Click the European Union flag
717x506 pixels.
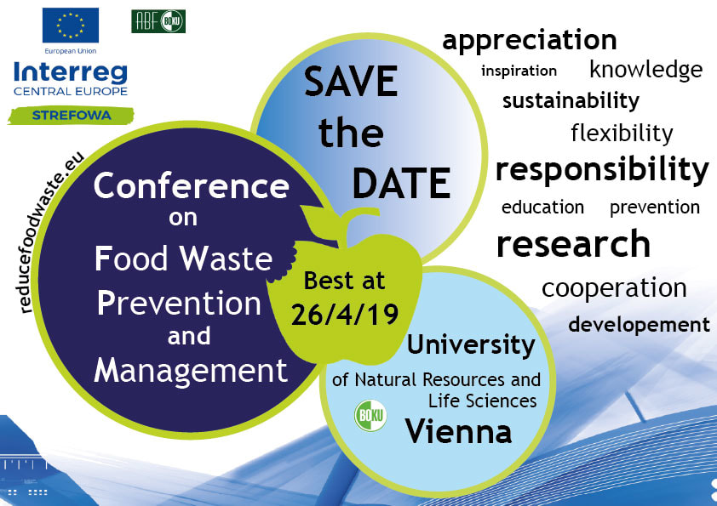click(x=71, y=26)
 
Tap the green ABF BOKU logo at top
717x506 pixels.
click(x=158, y=21)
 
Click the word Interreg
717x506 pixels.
click(x=71, y=72)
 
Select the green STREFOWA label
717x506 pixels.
click(x=71, y=116)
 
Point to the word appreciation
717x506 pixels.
click(x=530, y=41)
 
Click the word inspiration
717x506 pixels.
click(x=519, y=71)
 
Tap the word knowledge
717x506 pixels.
click(x=646, y=70)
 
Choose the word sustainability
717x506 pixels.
click(x=571, y=101)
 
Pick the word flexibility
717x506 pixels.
click(x=622, y=134)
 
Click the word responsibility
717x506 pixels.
click(x=602, y=170)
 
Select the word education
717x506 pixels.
click(x=542, y=208)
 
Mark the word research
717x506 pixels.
click(x=573, y=244)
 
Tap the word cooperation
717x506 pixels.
click(x=614, y=289)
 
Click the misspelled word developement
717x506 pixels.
click(x=639, y=325)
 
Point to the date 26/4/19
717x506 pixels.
click(x=345, y=315)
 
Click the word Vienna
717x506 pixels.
click(x=458, y=431)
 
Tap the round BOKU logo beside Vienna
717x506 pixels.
click(x=370, y=416)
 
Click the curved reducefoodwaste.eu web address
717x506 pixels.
click(x=52, y=232)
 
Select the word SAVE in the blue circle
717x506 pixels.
click(x=351, y=82)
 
